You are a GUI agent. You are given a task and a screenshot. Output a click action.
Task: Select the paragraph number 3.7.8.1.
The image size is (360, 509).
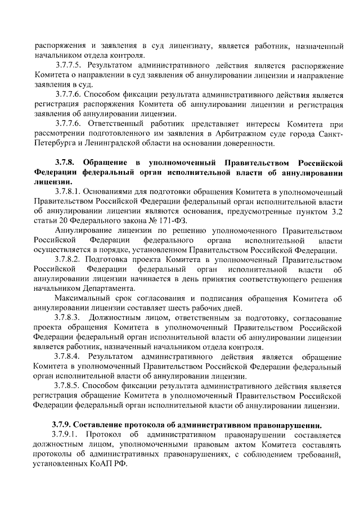pos(69,193)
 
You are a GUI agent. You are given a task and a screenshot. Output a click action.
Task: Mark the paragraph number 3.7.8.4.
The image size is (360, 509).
pos(69,358)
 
